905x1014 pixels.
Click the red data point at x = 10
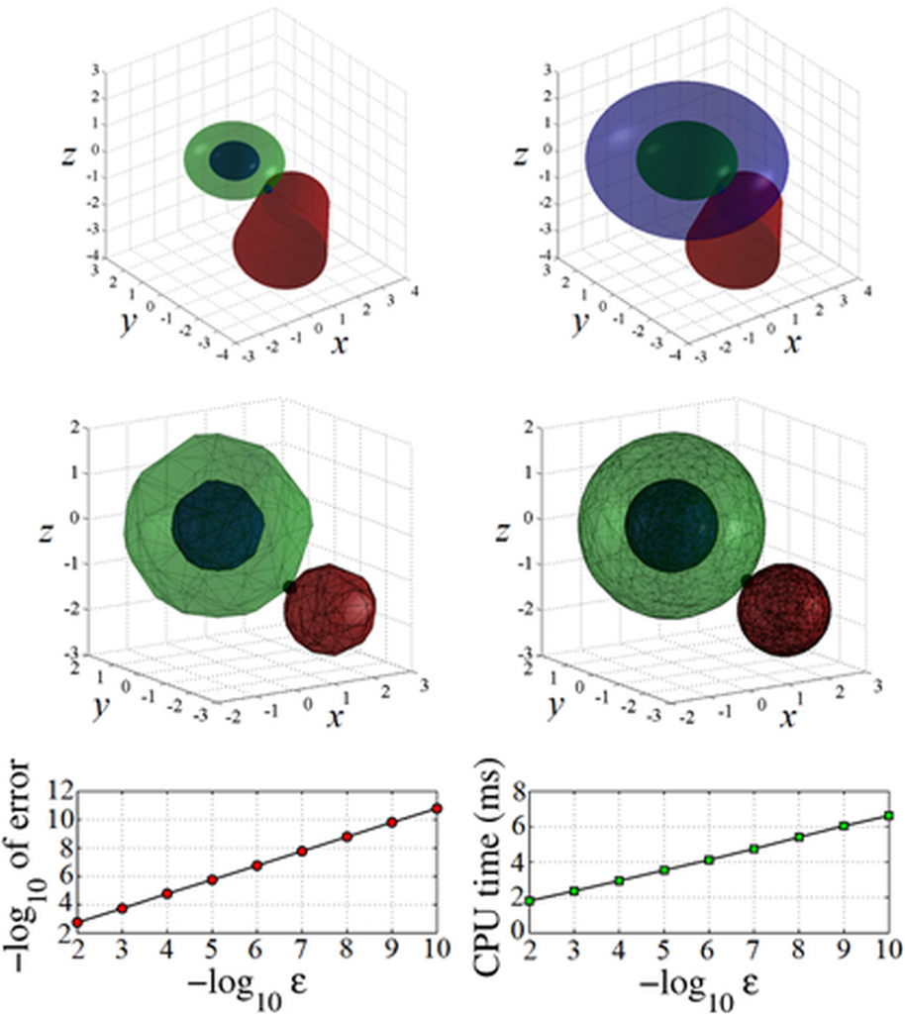pos(436,808)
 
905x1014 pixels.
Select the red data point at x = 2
pos(77,922)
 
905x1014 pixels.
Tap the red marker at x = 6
pos(256,865)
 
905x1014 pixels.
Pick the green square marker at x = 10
pos(888,815)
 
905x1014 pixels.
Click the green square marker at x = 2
pos(530,900)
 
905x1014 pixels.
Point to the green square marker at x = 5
pos(664,869)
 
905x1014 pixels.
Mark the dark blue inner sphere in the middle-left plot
pos(218,525)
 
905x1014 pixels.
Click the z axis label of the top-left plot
pos(68,156)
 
